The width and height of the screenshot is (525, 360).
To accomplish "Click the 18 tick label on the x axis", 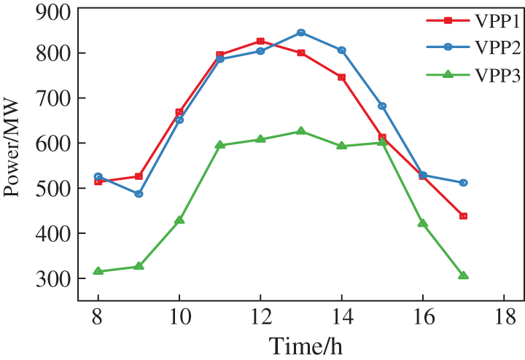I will pos(503,319).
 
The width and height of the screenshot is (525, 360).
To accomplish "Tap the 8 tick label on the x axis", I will pos(98,319).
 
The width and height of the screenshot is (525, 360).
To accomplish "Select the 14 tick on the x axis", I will pos(341,319).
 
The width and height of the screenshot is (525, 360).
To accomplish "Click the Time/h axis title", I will pos(305,345).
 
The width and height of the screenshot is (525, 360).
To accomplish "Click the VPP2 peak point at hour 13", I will pos(301,33).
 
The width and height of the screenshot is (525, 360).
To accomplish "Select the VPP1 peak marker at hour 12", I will pos(260,42).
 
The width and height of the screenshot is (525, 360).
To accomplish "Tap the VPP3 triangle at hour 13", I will pos(301,131).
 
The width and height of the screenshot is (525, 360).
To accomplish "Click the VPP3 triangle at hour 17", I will pos(463,275).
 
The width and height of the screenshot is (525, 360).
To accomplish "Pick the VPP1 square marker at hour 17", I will pos(463,216).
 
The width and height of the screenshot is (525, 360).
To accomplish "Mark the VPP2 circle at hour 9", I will pos(139,194).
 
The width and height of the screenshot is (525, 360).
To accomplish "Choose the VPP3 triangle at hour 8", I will pos(98,271).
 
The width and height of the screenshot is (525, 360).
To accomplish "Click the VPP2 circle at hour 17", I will pos(463,183).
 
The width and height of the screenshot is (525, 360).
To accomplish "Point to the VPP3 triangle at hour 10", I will pos(179,219).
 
